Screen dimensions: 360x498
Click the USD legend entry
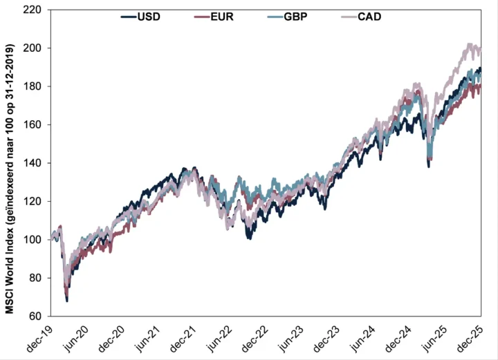[x=141, y=17]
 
